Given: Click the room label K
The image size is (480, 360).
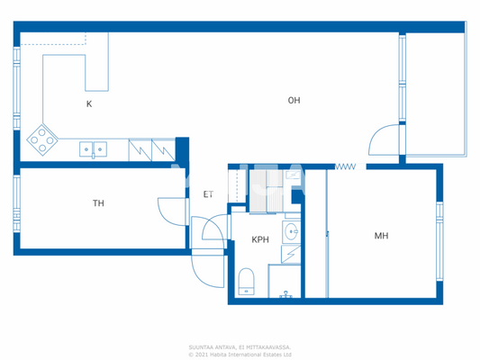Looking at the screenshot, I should [x=89, y=103].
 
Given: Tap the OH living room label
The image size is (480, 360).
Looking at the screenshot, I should [x=294, y=100].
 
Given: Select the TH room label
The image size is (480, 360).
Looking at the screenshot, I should [x=98, y=203].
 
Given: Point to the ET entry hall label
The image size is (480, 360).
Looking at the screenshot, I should [x=208, y=193].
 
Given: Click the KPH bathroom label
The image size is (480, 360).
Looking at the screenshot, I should [x=260, y=239].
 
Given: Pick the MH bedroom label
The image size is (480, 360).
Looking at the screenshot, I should [x=381, y=236].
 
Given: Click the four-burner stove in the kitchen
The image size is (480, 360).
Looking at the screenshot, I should [x=41, y=138].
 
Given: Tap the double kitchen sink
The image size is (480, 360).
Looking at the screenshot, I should [x=93, y=148].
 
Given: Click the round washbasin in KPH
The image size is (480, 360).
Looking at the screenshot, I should [x=291, y=234].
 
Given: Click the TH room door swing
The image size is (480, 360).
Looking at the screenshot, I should [x=171, y=211].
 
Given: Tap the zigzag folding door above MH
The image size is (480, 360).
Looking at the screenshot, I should [x=346, y=166].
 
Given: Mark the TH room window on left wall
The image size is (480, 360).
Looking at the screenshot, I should [x=15, y=203].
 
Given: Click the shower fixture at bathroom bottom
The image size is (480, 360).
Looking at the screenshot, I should [x=286, y=293].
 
